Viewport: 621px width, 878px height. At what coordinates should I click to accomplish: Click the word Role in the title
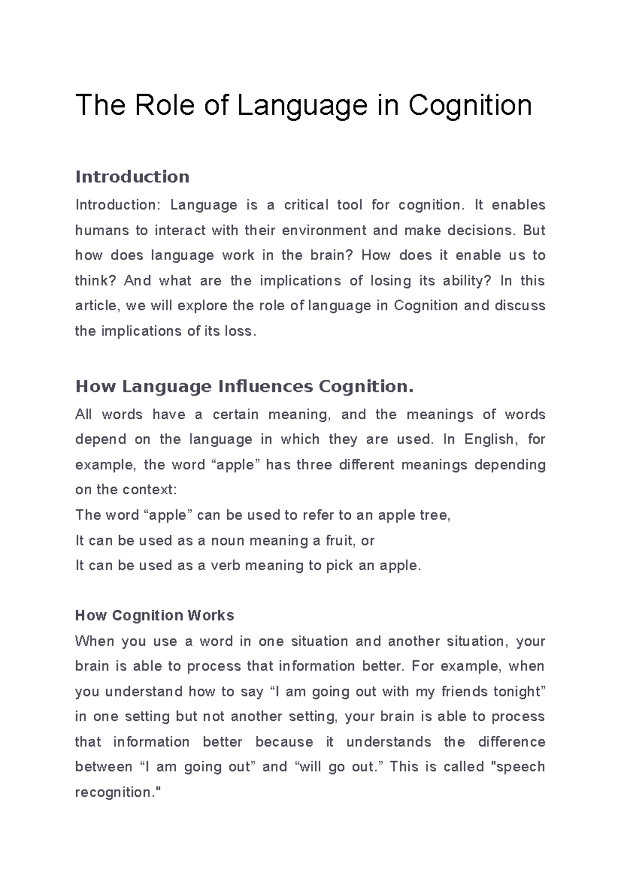(x=164, y=105)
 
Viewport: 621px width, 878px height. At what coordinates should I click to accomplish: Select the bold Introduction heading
(x=132, y=177)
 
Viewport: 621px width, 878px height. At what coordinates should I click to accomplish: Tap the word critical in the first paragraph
(x=306, y=205)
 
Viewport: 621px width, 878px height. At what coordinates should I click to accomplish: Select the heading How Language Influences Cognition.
(x=244, y=386)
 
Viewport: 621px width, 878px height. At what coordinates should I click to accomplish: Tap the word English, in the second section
(x=490, y=440)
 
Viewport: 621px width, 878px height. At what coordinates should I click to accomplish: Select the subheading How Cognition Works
(x=154, y=615)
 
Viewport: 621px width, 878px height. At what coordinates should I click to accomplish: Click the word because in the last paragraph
(x=284, y=742)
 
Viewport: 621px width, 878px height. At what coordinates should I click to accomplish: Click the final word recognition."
(x=119, y=792)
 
